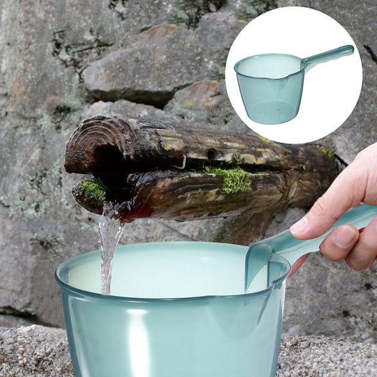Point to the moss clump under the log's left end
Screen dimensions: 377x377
(92, 190)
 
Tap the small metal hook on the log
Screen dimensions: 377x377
(183, 161)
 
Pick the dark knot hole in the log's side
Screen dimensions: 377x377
(211, 154)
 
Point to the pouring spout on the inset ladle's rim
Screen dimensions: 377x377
(238, 65)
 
